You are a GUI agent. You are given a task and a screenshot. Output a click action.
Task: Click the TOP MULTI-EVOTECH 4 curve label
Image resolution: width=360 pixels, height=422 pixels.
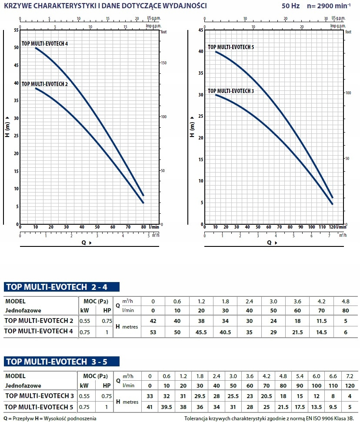(x=44, y=44)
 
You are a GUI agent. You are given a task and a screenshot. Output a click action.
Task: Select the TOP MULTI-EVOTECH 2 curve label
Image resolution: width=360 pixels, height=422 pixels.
(x=44, y=84)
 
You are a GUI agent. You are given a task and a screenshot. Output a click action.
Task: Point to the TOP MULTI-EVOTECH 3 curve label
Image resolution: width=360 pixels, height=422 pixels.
(x=231, y=91)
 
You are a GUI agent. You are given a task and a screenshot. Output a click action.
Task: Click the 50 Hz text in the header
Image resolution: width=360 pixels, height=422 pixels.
(x=287, y=6)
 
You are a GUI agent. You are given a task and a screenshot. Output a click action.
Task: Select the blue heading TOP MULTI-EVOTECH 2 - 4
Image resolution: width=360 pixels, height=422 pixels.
(x=61, y=287)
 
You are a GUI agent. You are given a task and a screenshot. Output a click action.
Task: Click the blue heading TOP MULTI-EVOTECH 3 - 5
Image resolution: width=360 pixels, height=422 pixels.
(x=61, y=362)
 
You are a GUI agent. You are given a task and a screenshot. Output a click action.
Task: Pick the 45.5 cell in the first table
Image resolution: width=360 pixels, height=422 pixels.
(x=201, y=332)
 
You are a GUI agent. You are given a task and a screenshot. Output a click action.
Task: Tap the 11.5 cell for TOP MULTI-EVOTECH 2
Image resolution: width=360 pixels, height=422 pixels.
(x=321, y=321)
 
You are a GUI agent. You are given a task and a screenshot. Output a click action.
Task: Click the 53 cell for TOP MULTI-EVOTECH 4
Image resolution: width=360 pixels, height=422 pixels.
(x=153, y=332)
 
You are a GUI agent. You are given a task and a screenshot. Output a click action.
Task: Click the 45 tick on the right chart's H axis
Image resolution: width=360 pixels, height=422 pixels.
(x=201, y=30)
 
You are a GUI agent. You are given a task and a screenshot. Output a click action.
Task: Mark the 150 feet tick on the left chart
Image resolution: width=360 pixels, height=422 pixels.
(x=164, y=63)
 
